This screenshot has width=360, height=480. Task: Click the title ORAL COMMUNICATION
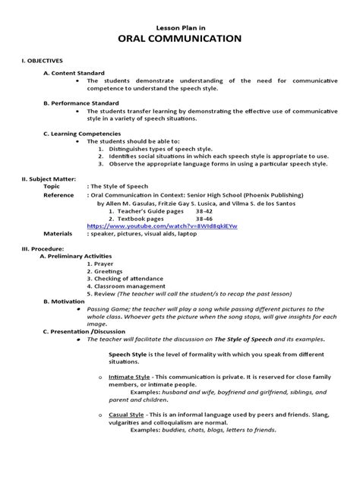180,39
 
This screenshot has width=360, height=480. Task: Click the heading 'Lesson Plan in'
180,25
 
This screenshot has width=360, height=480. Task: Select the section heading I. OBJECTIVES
42,59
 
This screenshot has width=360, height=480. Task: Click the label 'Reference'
58,194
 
